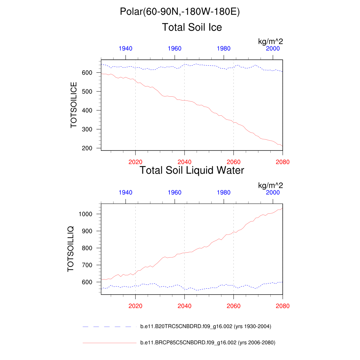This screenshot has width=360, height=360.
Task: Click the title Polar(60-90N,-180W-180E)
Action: click(180, 12)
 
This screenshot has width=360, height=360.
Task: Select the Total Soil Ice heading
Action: click(192, 27)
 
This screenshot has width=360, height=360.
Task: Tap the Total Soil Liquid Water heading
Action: click(192, 170)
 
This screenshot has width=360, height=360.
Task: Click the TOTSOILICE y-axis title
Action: click(74, 105)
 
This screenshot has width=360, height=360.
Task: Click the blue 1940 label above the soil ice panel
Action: click(126, 49)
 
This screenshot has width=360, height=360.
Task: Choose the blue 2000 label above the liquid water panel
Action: click(273, 192)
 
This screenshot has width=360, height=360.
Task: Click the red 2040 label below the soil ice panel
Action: click(184, 162)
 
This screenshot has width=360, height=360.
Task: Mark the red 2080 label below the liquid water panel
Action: click(282, 306)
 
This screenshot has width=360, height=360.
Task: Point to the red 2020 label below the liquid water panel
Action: click(135, 306)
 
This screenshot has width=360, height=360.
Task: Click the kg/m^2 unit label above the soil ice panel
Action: click(270, 41)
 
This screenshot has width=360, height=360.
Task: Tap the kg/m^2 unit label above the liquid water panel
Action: click(270, 185)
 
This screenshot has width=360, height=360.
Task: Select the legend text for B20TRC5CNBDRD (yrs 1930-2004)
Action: click(205, 327)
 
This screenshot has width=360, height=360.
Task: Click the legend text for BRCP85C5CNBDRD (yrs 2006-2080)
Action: click(207, 342)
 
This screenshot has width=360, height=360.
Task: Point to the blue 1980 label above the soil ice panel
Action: click(224, 49)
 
